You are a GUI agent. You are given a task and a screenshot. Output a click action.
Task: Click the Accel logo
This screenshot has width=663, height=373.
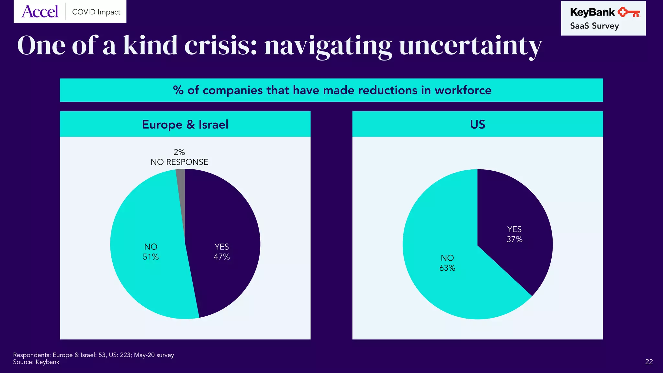40,12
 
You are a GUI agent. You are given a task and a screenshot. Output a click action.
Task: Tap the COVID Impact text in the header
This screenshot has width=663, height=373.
96,12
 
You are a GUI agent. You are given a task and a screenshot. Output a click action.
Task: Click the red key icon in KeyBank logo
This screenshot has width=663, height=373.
628,13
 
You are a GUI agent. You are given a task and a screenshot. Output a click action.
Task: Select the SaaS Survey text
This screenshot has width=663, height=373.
594,26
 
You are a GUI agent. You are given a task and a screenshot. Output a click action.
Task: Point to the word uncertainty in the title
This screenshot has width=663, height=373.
470,46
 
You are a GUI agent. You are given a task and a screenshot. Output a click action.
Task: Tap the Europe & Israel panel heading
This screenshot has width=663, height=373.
185,124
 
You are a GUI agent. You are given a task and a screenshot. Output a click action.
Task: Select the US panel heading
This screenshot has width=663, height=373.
478,124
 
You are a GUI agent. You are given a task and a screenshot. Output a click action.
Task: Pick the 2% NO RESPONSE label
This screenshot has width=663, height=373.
179,157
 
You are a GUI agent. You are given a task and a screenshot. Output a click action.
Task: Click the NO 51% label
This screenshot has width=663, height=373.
151,252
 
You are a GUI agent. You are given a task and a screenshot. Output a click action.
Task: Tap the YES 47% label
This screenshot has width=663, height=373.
222,252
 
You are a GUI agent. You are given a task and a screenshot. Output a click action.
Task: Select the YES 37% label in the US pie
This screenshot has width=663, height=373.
514,234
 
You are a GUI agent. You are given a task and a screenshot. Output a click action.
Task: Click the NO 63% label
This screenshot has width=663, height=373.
447,263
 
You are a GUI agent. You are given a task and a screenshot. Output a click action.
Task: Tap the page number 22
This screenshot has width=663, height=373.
649,362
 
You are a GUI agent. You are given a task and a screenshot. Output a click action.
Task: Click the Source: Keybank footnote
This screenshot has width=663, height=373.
36,362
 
